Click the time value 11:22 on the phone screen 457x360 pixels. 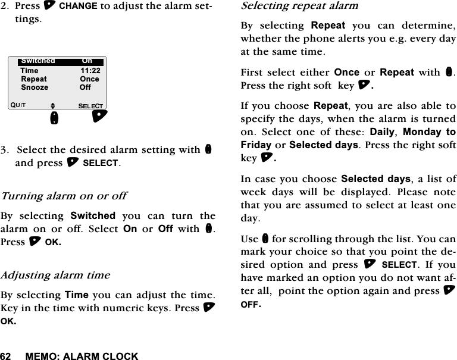[x=90, y=70]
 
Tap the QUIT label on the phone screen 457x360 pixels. [x=18, y=106]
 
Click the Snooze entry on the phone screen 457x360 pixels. [x=35, y=87]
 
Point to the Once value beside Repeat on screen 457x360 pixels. [x=90, y=79]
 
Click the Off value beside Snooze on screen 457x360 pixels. [x=85, y=87]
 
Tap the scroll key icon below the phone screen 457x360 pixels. [x=54, y=117]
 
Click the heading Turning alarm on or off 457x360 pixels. [x=64, y=196]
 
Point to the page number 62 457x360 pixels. [x=6, y=356]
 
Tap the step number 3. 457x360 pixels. [x=4, y=149]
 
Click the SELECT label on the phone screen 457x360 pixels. [x=92, y=106]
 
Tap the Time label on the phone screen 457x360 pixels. [x=29, y=70]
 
